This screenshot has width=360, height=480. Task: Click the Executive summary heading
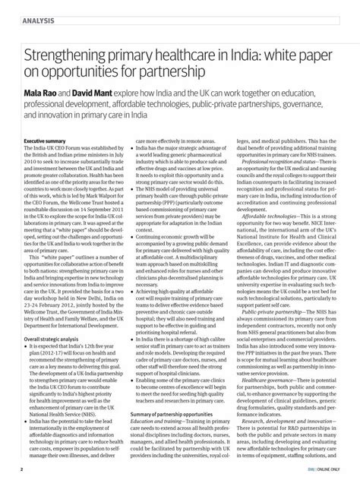click(x=45, y=141)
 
